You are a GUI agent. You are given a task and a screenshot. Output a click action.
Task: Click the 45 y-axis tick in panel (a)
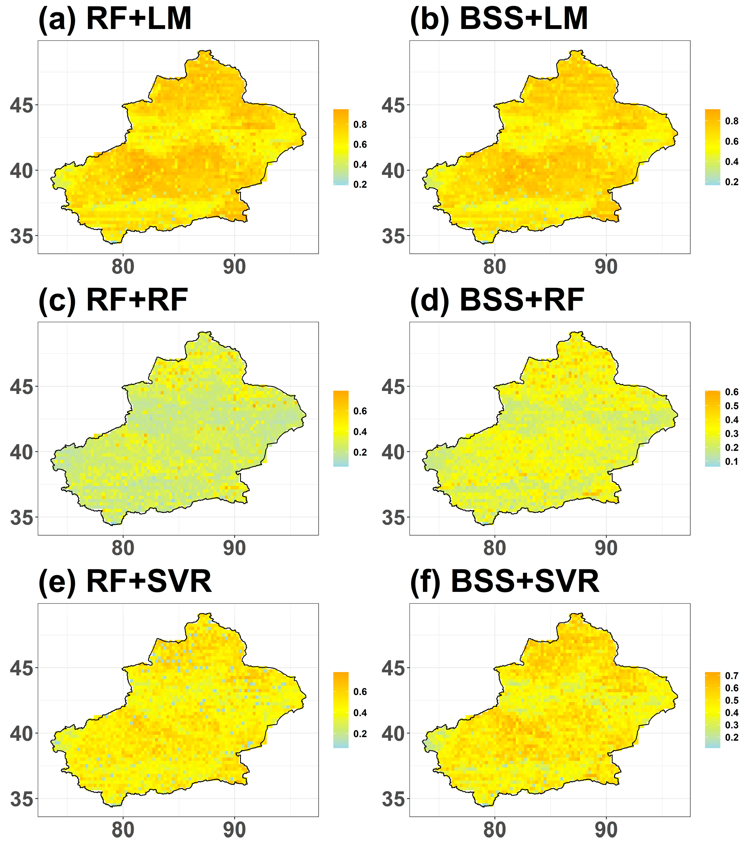(x=21, y=105)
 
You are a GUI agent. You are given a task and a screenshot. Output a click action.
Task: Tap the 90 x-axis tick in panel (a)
(x=234, y=267)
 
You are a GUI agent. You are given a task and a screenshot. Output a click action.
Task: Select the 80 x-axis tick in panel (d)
(x=495, y=548)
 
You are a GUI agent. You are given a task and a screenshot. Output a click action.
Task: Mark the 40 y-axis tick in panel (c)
(x=21, y=452)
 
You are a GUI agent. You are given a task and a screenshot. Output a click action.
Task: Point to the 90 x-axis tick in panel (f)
(x=606, y=830)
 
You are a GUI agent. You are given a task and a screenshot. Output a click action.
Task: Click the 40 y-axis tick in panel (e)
(x=21, y=734)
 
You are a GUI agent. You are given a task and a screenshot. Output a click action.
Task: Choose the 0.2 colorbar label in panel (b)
(x=732, y=182)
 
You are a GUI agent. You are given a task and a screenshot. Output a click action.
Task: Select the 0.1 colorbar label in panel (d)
(x=732, y=462)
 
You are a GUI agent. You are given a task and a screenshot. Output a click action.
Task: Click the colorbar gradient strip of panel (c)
(x=341, y=428)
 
